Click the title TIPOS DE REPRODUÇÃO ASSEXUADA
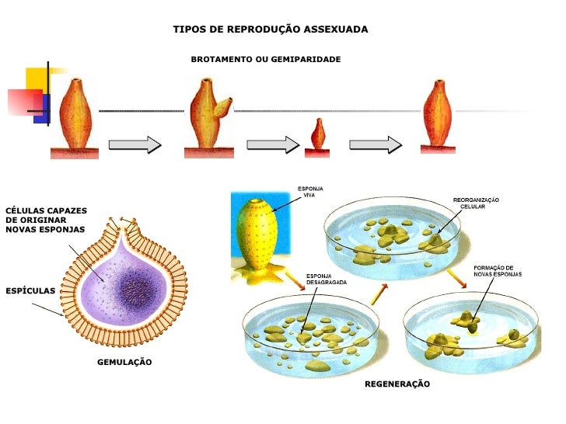tap(270, 30)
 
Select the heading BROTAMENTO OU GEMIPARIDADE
tap(266, 59)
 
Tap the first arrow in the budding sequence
tap(135, 144)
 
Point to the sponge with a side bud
tap(208, 116)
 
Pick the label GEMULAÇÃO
tap(124, 363)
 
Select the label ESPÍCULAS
tap(30, 290)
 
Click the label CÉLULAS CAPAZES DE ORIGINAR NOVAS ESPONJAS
tap(46, 220)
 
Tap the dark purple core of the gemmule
tap(138, 288)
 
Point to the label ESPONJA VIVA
tap(309, 191)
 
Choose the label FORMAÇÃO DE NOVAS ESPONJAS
tap(498, 271)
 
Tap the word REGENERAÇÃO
tap(397, 384)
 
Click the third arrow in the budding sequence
tap(376, 144)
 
